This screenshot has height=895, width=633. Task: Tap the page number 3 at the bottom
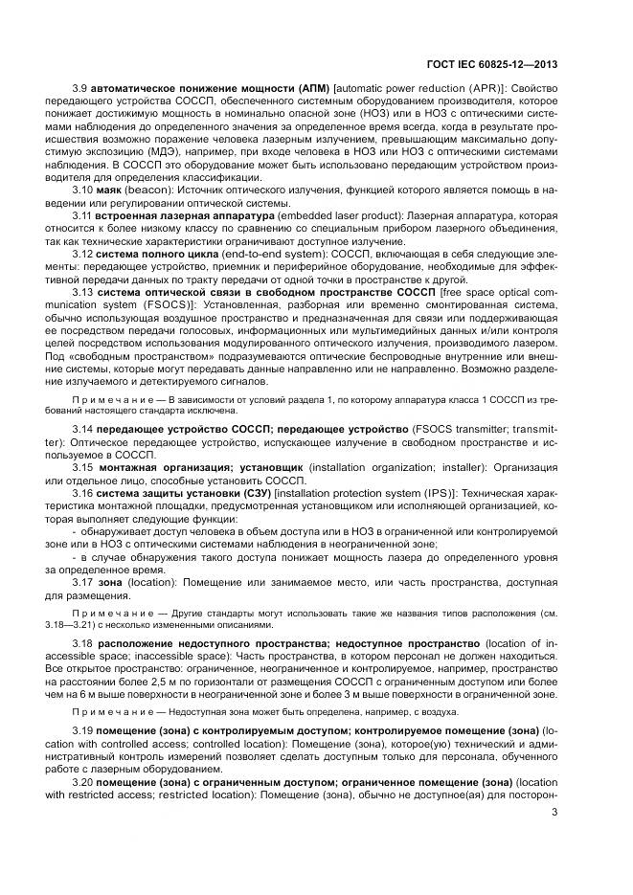tap(554, 815)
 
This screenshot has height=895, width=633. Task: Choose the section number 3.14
tap(82, 430)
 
